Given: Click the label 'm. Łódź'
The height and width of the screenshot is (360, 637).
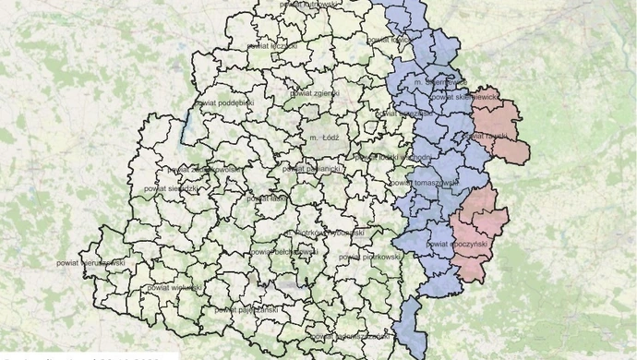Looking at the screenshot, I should pyautogui.click(x=326, y=138).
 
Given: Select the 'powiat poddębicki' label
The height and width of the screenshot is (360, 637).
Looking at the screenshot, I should pyautogui.click(x=225, y=103).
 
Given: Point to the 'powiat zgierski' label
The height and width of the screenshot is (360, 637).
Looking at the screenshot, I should pyautogui.click(x=315, y=93).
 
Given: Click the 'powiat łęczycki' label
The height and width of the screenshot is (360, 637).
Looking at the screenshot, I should pyautogui.click(x=272, y=44).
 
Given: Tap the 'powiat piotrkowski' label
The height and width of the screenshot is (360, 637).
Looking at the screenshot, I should pyautogui.click(x=373, y=256).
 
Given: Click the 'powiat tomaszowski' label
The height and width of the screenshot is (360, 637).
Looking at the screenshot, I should pyautogui.click(x=427, y=183).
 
